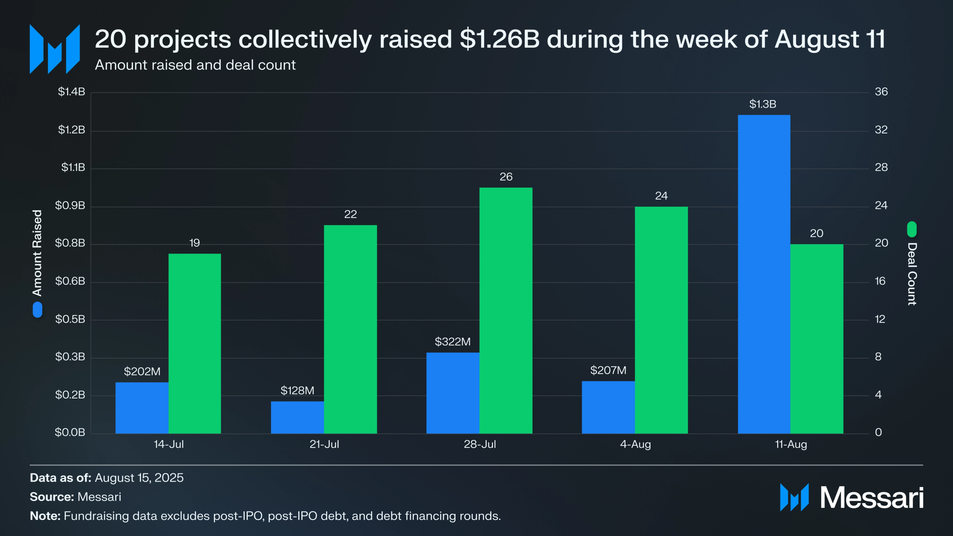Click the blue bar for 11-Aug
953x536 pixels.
point(763,274)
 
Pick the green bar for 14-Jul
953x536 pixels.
point(194,343)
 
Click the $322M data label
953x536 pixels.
point(452,342)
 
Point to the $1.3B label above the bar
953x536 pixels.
point(763,104)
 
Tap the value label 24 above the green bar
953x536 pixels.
point(661,196)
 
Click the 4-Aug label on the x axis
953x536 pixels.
point(635,444)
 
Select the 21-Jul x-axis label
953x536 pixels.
point(324,444)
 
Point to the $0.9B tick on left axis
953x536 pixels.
point(70,206)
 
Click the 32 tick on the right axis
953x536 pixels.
point(881,130)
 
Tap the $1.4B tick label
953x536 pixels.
point(71,92)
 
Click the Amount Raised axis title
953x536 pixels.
point(37,253)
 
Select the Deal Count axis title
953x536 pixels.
point(912,274)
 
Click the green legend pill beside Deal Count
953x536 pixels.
point(912,230)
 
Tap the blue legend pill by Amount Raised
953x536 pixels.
point(37,310)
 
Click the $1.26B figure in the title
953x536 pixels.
point(499,39)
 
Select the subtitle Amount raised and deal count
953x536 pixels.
point(195,65)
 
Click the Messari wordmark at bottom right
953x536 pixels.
point(871,497)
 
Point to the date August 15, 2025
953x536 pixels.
point(139,478)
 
